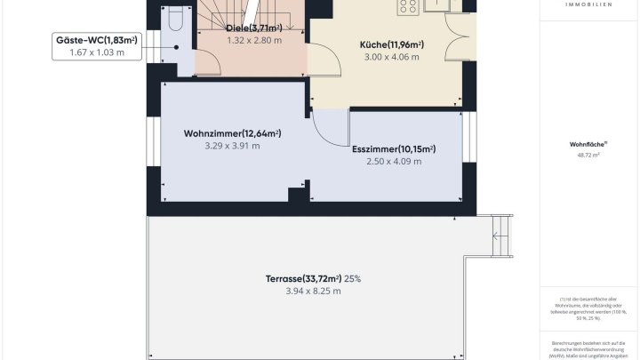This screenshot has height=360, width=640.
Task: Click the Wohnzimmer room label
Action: [232, 133]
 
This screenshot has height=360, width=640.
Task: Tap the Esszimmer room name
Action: [393, 149]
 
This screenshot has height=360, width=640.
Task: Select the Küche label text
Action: [391, 45]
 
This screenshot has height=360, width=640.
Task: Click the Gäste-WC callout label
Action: [97, 40]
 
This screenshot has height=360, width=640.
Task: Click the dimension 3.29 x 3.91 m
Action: [232, 146]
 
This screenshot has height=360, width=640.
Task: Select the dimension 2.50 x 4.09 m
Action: [393, 162]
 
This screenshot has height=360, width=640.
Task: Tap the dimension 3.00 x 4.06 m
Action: [391, 58]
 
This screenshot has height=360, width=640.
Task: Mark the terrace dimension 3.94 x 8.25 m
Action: [313, 292]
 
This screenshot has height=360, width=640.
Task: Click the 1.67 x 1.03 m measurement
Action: [97, 52]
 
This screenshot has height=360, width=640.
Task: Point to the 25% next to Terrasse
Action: [353, 279]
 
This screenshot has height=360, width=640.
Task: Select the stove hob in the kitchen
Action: [409, 7]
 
